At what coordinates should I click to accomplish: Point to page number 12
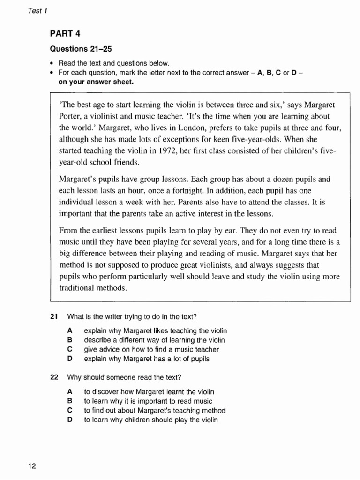(32, 466)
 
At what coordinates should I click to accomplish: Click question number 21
(53, 316)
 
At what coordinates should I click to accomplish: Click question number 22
(53, 377)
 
